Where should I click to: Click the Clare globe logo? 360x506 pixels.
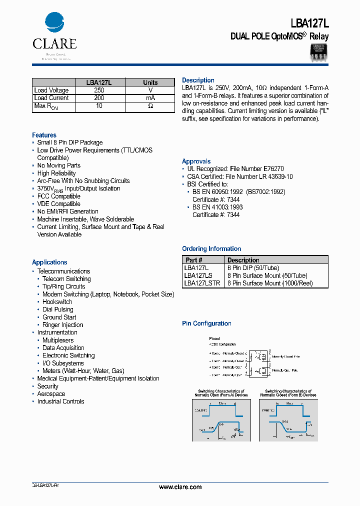point(54,23)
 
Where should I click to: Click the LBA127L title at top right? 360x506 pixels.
point(309,23)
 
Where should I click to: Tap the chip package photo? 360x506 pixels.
point(317,52)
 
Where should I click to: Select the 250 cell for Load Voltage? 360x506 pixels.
point(99,90)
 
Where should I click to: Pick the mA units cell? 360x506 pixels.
point(150,98)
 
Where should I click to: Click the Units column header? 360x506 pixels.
point(150,82)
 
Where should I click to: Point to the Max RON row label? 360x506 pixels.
point(46,106)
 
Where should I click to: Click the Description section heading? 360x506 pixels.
point(198,80)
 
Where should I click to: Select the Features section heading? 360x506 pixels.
point(44,135)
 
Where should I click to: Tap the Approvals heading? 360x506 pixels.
point(196,161)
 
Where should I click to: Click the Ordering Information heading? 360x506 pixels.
point(211,248)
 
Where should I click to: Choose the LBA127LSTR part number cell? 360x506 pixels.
point(202,283)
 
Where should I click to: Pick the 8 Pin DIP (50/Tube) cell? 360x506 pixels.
point(253,268)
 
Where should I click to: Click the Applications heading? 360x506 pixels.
point(49,262)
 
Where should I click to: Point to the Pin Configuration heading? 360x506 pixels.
point(206,323)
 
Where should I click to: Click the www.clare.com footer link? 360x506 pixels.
point(180,487)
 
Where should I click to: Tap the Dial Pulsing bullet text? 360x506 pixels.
point(58,309)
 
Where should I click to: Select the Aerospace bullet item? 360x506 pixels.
point(51,394)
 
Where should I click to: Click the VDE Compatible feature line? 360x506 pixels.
point(58,204)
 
